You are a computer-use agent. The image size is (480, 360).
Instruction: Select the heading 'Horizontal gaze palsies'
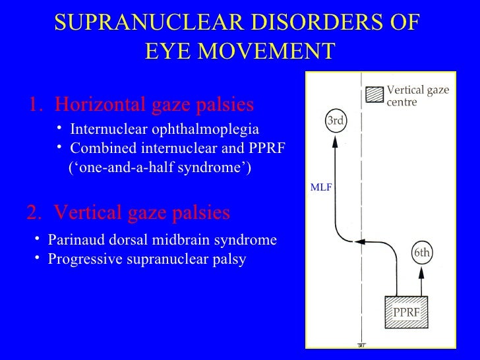[x=154, y=105]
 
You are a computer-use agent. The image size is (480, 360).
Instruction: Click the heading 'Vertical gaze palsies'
[x=142, y=212]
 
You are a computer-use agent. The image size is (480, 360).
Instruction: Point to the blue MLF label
[x=320, y=187]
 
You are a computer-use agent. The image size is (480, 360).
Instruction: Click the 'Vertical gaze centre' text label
[x=417, y=96]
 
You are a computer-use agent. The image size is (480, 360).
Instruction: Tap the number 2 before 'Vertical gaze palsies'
[x=32, y=212]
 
